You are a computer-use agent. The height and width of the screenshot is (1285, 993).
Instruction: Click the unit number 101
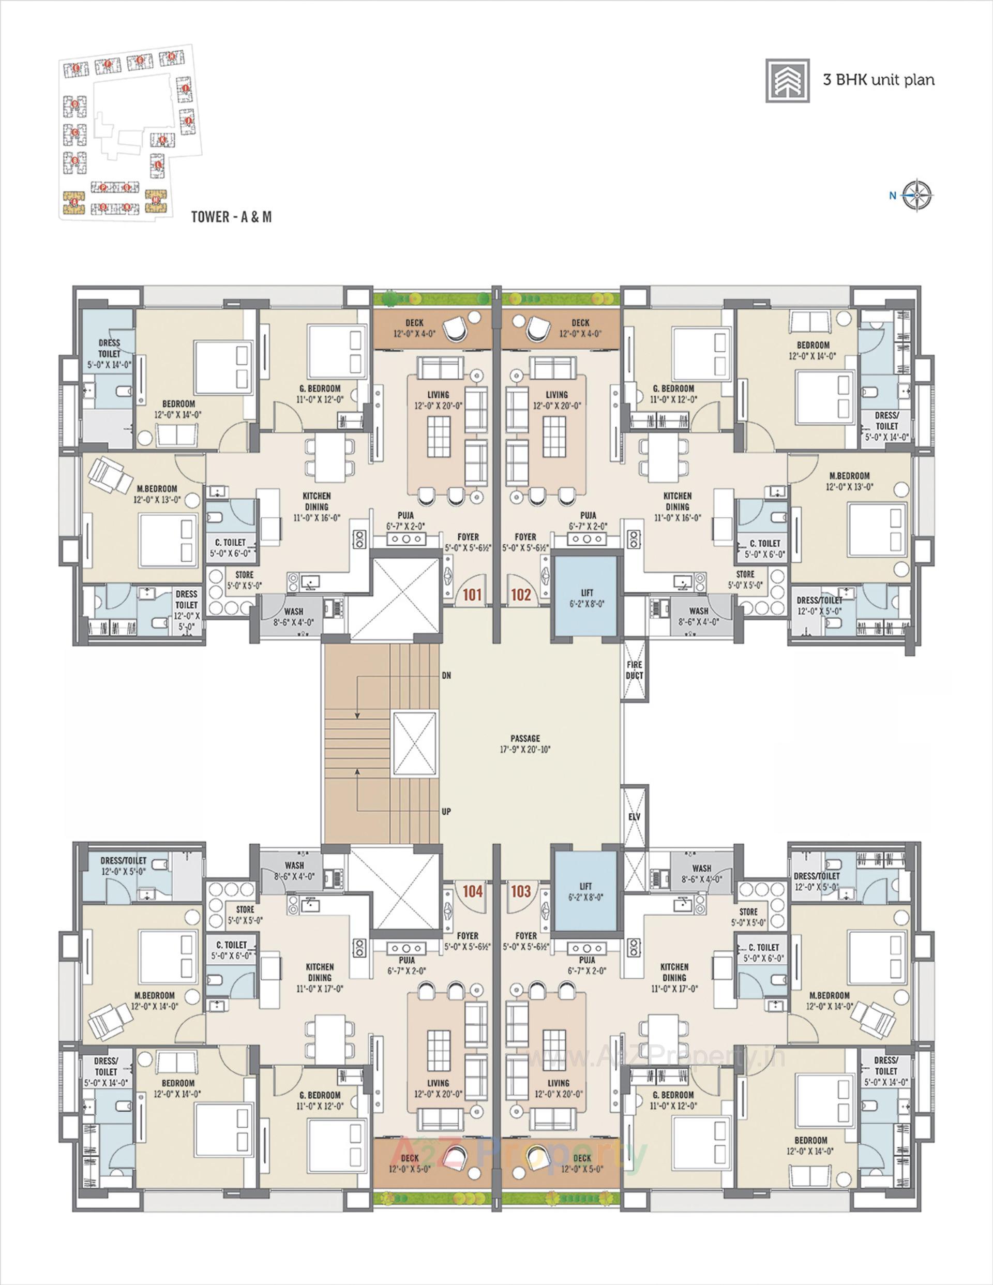pos(472,594)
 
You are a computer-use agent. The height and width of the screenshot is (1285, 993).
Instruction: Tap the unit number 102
pos(521,594)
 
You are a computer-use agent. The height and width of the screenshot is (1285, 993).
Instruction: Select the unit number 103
pos(521,891)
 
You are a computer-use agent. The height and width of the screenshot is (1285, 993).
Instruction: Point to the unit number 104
pos(472,891)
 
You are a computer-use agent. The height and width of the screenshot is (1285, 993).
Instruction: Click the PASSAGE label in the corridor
pos(525,738)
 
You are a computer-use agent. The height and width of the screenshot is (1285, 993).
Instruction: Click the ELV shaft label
pos(634,817)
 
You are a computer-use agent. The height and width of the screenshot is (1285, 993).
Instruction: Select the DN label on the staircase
pos(446,676)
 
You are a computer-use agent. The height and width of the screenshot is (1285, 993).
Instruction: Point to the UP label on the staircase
pos(446,811)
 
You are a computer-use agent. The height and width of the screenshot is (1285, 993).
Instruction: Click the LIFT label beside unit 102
pos(586,592)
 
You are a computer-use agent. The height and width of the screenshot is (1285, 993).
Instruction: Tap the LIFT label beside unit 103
pos(586,886)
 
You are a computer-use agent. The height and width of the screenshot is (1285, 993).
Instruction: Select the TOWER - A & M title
pos(231,217)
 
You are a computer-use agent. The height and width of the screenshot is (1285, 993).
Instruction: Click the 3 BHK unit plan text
pos(878,80)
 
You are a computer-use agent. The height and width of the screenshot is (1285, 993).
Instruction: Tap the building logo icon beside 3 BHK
pos(788,81)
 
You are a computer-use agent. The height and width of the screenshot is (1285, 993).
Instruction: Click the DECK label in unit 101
pos(414,323)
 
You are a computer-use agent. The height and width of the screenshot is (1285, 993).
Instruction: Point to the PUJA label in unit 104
pos(406,960)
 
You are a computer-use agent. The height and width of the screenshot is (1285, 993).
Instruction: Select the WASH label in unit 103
pos(701,868)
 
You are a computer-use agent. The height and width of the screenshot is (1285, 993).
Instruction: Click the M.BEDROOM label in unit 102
pos(849,475)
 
